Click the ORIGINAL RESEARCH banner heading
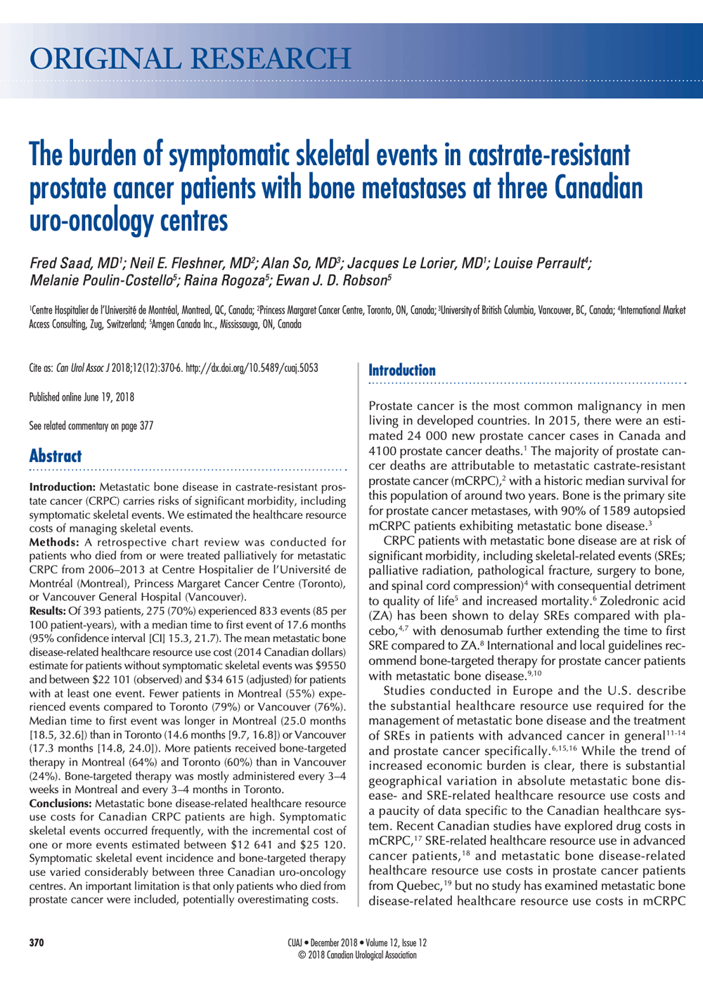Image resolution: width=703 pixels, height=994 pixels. tap(190, 59)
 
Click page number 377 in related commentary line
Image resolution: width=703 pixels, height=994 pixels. tap(146, 426)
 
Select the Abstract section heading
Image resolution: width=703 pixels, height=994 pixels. tap(56, 456)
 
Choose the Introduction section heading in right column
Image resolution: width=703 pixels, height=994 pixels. tap(402, 370)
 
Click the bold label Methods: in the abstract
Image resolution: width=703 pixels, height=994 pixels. tap(54, 542)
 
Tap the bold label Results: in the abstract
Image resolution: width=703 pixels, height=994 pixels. tap(48, 611)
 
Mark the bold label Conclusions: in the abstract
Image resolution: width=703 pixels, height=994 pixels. tap(60, 803)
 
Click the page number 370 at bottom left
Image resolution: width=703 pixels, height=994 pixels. tap(37, 943)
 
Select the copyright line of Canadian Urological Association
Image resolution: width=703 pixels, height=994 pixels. tap(357, 955)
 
